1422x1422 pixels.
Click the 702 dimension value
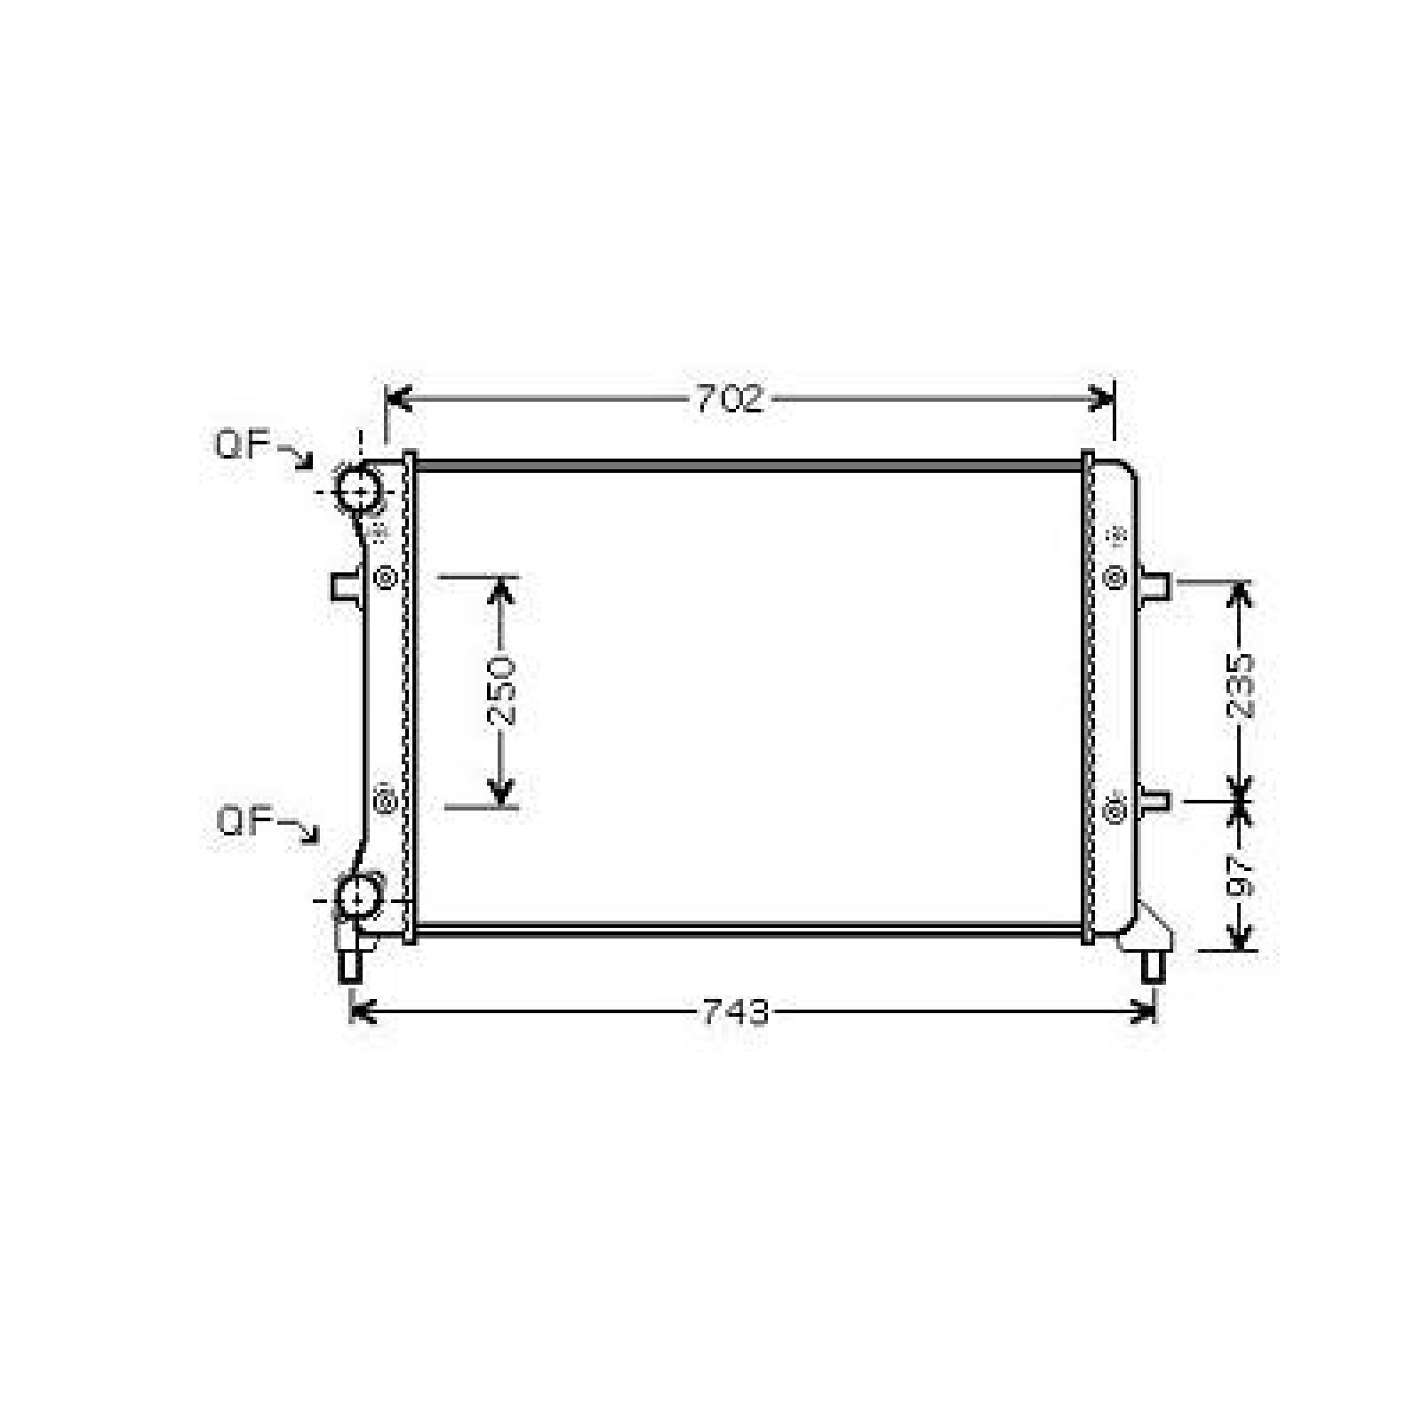point(730,400)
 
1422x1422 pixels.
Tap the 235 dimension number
point(1240,686)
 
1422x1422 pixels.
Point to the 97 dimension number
point(1240,876)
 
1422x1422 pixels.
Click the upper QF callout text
point(243,444)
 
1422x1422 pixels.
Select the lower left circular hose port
point(358,898)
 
